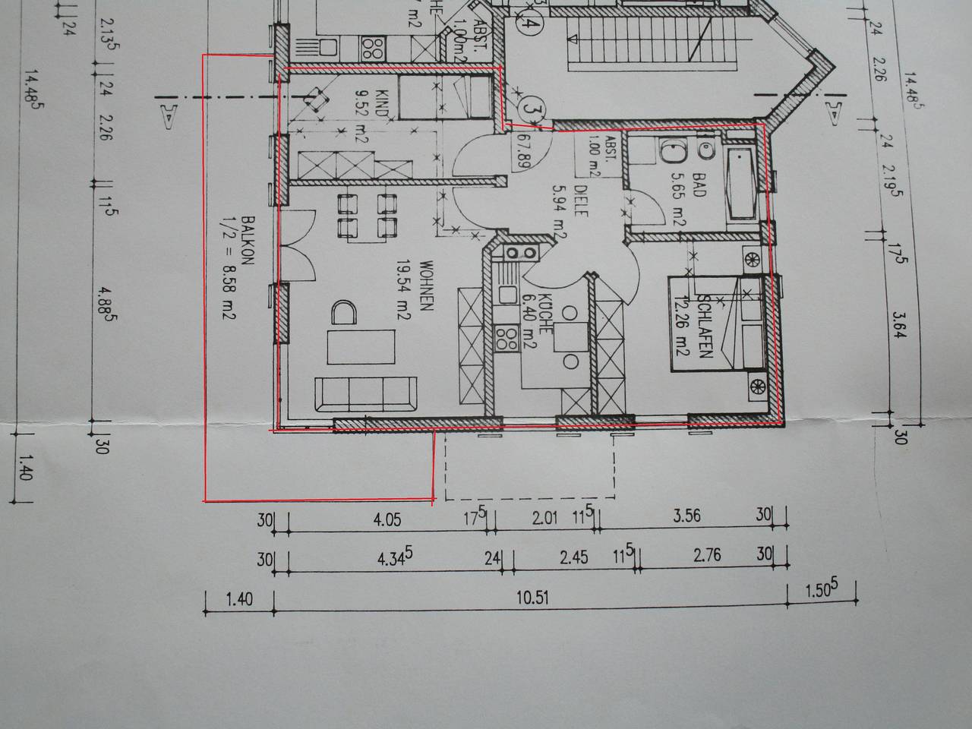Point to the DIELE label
point(582,202)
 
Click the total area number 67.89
point(522,150)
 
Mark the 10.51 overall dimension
point(532,598)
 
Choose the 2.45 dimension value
point(573,557)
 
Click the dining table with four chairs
point(367,216)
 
